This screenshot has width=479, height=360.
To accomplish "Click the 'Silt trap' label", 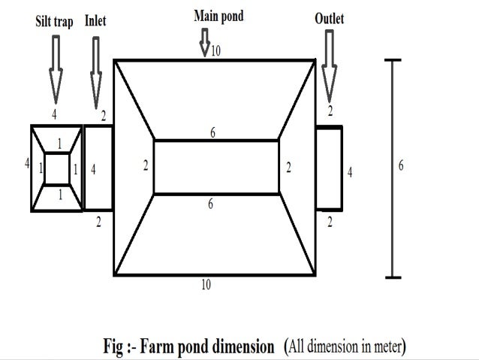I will click(x=55, y=23).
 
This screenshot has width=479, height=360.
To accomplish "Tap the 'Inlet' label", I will click(x=95, y=21).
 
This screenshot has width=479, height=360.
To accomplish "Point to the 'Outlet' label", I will click(x=329, y=18).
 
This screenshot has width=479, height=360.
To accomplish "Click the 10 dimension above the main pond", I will click(x=216, y=51).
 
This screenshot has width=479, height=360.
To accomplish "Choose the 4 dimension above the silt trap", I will click(x=54, y=114).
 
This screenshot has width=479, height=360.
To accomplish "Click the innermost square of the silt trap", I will click(x=57, y=168).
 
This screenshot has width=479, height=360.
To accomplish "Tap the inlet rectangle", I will click(x=98, y=168).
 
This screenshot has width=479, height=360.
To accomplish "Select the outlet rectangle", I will click(x=329, y=168).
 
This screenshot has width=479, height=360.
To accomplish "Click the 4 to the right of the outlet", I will click(x=350, y=173).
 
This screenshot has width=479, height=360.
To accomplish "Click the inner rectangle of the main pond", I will click(x=216, y=167).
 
